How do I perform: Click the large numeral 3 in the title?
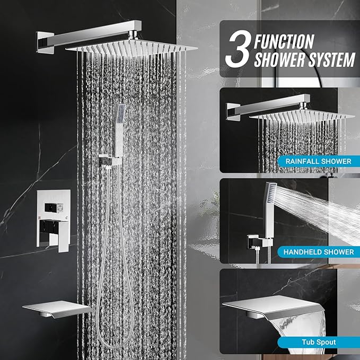pos(238,49)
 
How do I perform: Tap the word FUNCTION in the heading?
pos(284,41)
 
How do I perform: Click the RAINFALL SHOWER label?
pos(318,161)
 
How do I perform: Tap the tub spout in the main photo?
pos(57,309)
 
